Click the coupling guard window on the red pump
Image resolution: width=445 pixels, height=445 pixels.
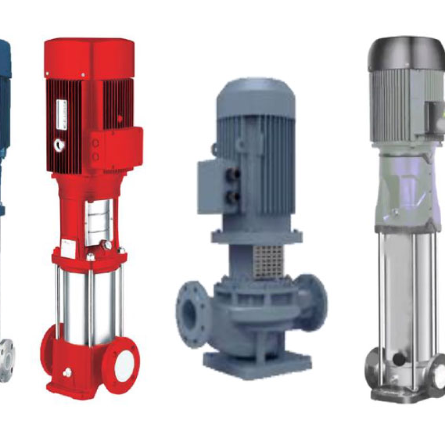(99, 222)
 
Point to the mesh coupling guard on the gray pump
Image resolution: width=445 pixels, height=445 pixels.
(268, 261)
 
